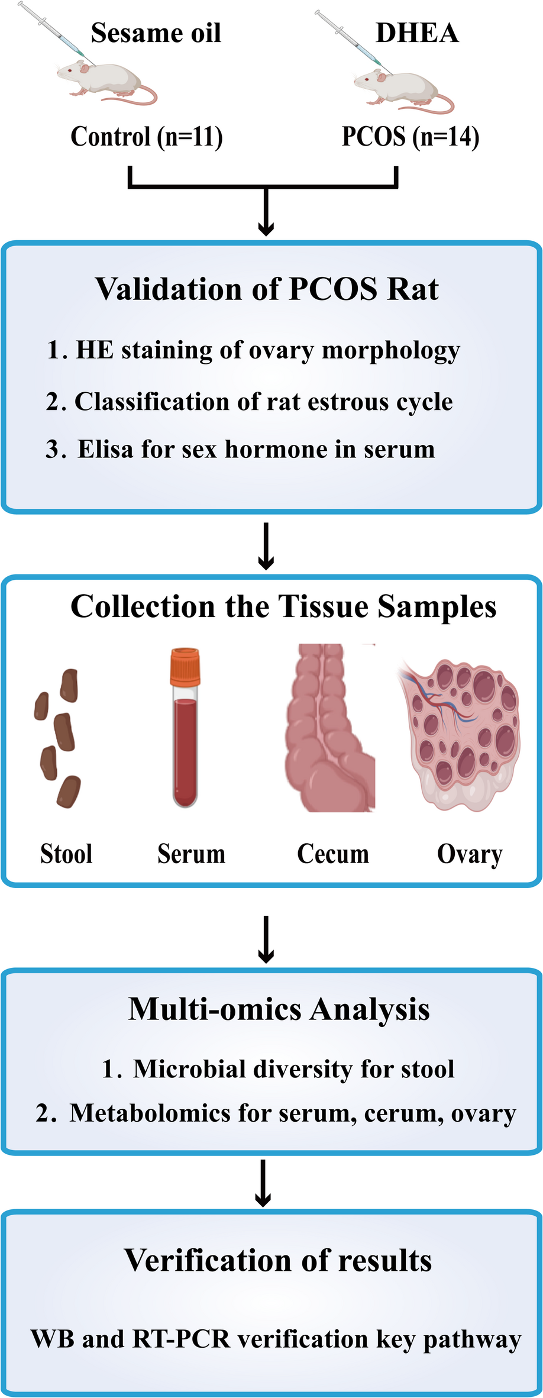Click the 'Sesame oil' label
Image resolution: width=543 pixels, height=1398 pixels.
156,33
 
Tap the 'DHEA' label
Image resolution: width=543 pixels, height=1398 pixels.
417,33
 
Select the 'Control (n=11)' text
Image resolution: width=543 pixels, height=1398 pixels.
147,137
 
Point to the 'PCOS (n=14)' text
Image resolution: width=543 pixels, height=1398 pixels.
411,137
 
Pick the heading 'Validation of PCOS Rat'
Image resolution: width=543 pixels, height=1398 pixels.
267,289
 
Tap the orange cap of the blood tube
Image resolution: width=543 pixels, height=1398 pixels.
185,666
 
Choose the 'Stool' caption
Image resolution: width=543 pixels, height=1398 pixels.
66,854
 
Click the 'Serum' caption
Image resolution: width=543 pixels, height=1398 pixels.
191,854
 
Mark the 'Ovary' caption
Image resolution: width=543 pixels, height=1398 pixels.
470,854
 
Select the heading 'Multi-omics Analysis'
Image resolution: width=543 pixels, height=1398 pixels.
279,1009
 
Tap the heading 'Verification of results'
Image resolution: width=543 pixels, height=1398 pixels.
278,1260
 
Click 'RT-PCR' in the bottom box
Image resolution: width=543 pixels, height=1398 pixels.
181,1339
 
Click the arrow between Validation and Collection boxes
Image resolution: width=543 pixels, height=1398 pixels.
266,545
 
